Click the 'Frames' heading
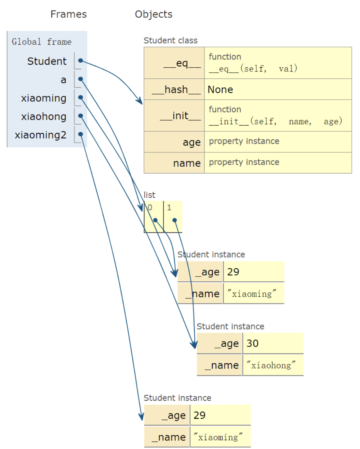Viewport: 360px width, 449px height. tap(68, 14)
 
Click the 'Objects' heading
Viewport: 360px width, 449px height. tap(153, 14)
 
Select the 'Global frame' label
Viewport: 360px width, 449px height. tap(42, 42)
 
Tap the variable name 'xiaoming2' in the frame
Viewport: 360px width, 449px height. tap(40, 135)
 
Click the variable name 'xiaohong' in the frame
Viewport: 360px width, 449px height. tap(44, 117)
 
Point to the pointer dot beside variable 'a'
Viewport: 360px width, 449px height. tap(81, 79)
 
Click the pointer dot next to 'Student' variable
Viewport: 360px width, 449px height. tap(81, 61)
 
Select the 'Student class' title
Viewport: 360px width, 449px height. tap(170, 40)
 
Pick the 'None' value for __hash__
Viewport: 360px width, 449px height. tap(220, 89)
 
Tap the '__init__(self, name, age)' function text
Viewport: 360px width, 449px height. tap(275, 121)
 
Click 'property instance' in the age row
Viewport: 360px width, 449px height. tap(244, 141)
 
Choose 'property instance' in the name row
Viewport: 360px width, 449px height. tap(244, 162)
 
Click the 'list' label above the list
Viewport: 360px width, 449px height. tap(149, 195)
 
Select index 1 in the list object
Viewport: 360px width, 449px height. tap(169, 207)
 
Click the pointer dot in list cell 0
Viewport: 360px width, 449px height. tap(155, 220)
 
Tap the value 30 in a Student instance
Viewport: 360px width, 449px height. tap(252, 344)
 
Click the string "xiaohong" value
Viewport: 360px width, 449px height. tap(271, 365)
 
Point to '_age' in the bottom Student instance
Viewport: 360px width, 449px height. tap(174, 416)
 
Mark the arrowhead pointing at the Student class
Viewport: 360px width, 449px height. tap(140, 101)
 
